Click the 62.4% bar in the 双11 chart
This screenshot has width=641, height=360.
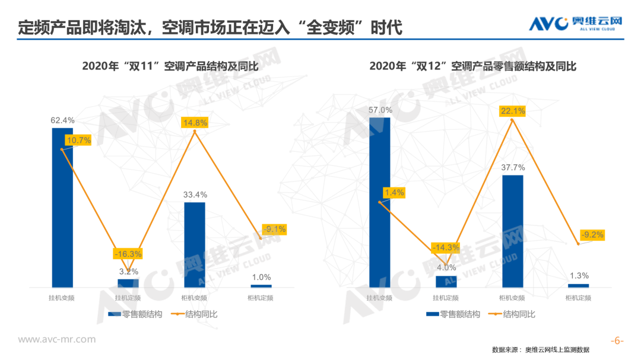(x=62, y=208)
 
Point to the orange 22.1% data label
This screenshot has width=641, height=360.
(x=513, y=110)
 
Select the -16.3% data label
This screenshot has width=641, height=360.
(x=128, y=254)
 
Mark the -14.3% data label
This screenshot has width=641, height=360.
(x=445, y=247)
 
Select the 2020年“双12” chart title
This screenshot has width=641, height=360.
(x=473, y=66)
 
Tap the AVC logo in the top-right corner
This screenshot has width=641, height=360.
(x=576, y=24)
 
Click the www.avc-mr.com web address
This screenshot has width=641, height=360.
(x=57, y=339)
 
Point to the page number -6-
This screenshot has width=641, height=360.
(x=618, y=340)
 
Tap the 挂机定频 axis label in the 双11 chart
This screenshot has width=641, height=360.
(x=128, y=298)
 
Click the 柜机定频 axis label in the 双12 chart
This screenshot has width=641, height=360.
(x=579, y=298)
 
